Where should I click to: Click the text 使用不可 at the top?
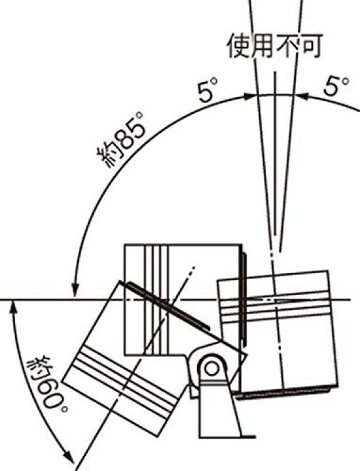click(x=274, y=46)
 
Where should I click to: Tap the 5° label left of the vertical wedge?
click(x=207, y=90)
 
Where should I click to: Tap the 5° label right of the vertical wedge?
click(x=336, y=86)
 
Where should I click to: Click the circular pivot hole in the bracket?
click(x=212, y=368)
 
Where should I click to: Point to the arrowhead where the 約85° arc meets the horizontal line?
click(x=75, y=290)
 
